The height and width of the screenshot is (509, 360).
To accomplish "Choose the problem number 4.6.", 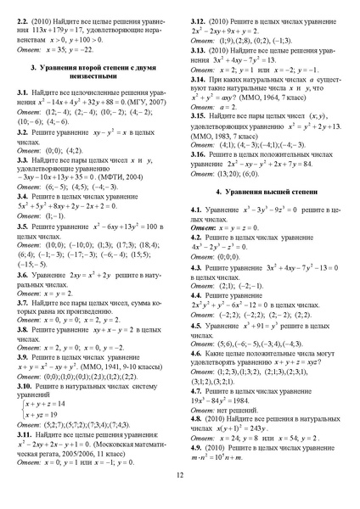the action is pyautogui.click(x=196, y=353).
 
